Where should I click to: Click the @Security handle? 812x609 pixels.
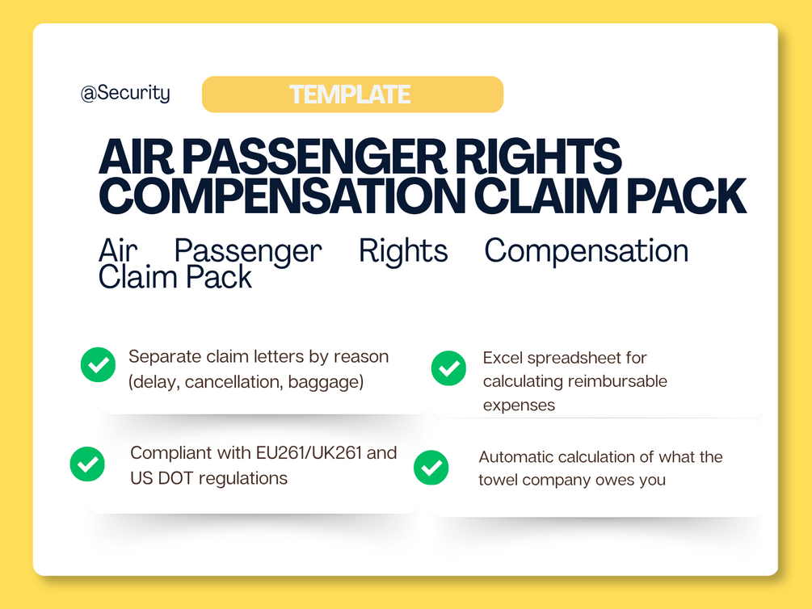[x=125, y=93]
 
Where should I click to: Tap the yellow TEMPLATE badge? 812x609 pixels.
[x=352, y=94]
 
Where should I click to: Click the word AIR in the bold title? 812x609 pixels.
[x=136, y=157]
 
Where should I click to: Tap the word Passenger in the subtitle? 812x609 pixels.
[x=248, y=252]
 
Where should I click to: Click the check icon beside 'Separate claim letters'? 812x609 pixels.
[x=98, y=364]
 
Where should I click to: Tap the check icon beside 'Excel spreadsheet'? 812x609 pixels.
[x=448, y=368]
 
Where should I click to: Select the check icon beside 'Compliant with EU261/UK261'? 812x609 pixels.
[x=87, y=464]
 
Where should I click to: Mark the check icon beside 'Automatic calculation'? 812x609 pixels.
[x=431, y=468]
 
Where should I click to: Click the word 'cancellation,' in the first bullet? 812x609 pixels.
[x=234, y=382]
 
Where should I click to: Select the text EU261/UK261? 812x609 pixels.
[x=309, y=453]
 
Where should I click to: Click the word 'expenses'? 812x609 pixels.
[x=519, y=405]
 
